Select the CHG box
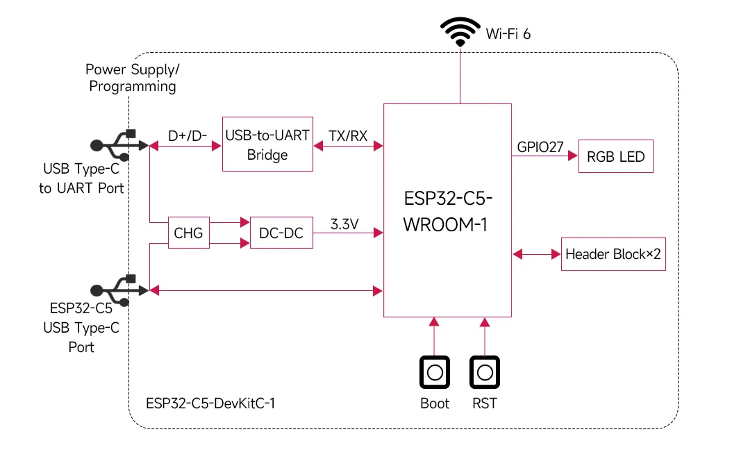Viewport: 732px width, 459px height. point(188,233)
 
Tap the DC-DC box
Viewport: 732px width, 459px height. point(281,233)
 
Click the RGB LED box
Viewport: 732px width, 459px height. point(616,156)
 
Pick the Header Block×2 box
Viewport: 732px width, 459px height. point(613,254)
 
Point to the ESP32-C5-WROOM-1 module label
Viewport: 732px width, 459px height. point(448,212)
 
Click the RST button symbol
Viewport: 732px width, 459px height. point(484,372)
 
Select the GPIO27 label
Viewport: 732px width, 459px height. point(540,147)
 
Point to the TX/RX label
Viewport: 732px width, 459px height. point(348,135)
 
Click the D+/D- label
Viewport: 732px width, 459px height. point(188,135)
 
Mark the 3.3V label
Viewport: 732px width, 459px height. point(344,224)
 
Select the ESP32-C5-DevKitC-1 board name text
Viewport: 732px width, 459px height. point(210,403)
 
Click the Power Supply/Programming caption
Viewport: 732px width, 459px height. point(132,78)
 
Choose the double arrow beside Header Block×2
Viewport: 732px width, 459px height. point(536,255)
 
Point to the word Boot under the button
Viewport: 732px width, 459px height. point(435,403)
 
